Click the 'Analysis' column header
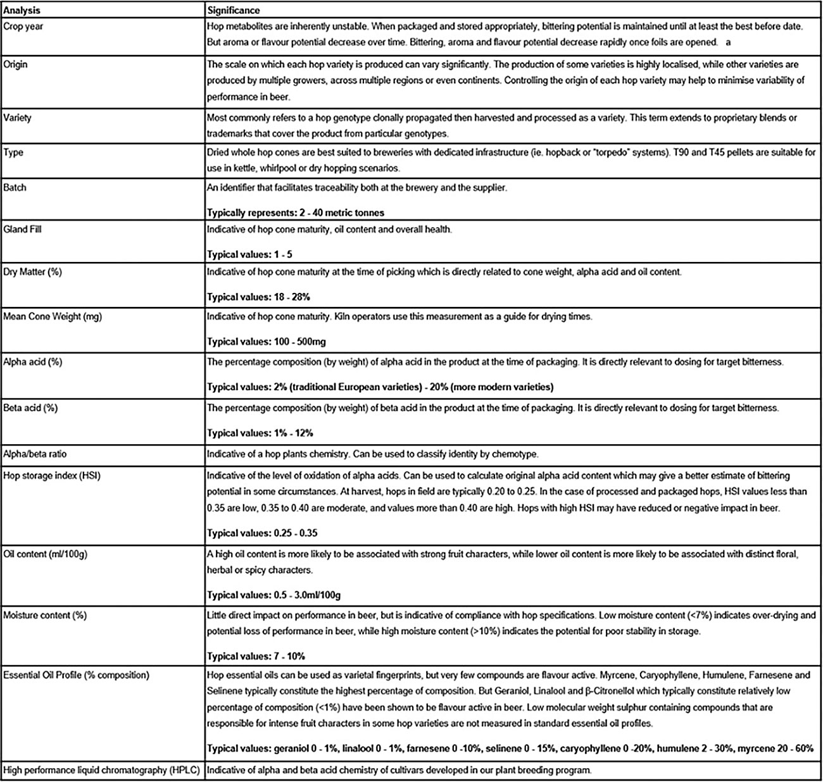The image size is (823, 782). (22, 11)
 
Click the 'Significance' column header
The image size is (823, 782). (233, 11)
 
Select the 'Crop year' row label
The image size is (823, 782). (23, 27)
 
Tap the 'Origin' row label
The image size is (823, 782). (15, 65)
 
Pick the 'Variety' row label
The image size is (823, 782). (17, 118)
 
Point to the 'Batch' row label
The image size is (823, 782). (15, 188)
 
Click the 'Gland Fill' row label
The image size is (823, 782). (22, 229)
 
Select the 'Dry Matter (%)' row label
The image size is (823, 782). (32, 272)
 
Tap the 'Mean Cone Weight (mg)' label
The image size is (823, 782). (52, 316)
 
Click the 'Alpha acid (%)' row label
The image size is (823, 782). (32, 362)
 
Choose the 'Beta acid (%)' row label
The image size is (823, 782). (30, 408)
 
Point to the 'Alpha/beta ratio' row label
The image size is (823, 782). (35, 454)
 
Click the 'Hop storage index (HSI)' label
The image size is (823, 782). (52, 475)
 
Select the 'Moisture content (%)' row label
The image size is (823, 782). (45, 615)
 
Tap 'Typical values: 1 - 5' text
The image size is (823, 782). (249, 254)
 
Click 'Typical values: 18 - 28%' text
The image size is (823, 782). (258, 297)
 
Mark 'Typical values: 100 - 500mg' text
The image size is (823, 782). (267, 342)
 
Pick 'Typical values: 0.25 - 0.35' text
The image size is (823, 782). (262, 533)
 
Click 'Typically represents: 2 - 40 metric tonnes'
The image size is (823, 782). (296, 213)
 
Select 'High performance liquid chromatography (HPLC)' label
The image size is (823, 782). (101, 770)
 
